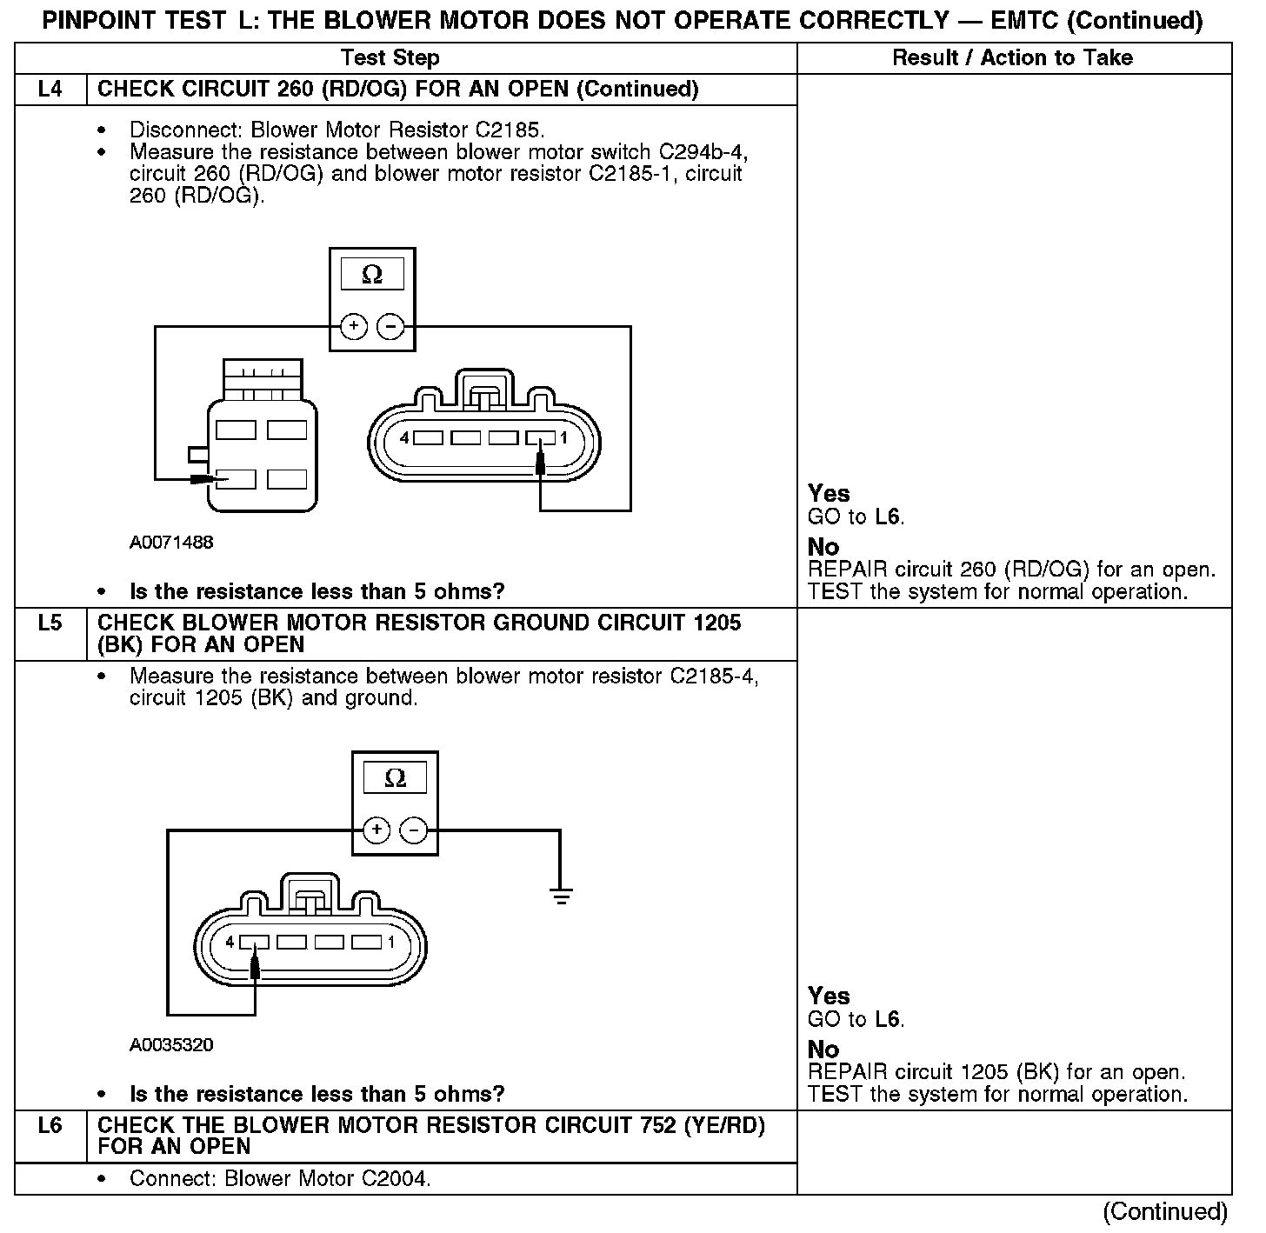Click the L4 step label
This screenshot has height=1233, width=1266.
50,90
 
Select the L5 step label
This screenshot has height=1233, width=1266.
50,623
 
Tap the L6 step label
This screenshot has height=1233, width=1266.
50,1126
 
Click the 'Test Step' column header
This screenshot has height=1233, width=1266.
390,58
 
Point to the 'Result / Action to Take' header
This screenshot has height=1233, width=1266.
1013,58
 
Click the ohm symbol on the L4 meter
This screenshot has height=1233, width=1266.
372,276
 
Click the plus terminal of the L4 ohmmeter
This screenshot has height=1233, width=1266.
353,326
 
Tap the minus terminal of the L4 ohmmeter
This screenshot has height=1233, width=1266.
391,326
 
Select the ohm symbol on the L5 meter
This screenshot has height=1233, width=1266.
395,778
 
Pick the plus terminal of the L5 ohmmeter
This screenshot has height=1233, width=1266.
376,830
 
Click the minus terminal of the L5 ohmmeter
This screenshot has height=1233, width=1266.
414,830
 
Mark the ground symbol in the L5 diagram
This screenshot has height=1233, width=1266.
561,895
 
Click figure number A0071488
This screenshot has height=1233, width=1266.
171,543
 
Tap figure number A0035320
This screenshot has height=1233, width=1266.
171,1045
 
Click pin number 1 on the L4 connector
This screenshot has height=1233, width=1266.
563,438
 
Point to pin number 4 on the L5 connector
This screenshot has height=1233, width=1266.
230,942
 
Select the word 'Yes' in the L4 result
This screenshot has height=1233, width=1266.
829,494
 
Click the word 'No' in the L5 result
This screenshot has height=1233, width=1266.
823,1050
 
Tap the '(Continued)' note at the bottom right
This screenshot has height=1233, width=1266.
1165,1211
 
